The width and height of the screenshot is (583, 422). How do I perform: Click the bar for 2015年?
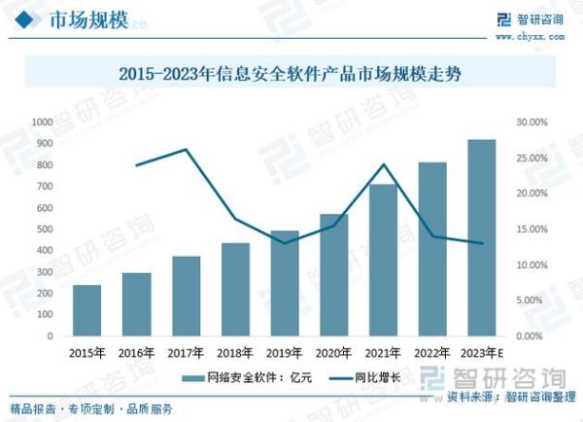(x=86, y=310)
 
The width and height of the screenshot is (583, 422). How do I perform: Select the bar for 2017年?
(x=186, y=296)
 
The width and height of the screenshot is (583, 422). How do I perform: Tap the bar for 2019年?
(x=285, y=283)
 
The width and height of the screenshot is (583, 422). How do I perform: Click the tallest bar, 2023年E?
(x=482, y=237)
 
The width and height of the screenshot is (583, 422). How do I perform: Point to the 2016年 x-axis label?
(x=136, y=352)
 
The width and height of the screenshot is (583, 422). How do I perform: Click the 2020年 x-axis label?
(x=333, y=352)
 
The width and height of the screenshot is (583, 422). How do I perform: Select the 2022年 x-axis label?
(x=432, y=352)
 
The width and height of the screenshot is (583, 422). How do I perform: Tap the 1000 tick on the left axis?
(x=42, y=122)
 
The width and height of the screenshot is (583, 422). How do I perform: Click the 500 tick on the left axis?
(x=45, y=229)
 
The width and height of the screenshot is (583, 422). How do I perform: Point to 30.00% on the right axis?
(x=532, y=122)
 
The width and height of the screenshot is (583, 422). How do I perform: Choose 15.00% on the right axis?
(x=532, y=229)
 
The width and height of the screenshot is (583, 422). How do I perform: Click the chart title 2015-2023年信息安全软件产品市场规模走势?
(x=291, y=72)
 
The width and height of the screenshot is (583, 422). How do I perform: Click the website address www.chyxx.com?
(x=536, y=35)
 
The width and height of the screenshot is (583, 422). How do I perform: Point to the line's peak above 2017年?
(x=186, y=150)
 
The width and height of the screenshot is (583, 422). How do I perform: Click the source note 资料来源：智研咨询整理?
(x=505, y=398)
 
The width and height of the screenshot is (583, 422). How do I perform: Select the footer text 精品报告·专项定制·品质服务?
(x=91, y=407)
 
